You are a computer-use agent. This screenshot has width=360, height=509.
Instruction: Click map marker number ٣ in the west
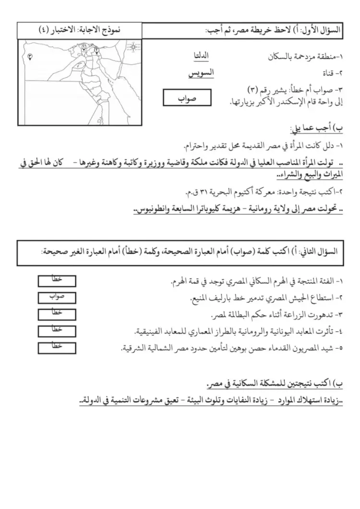30,56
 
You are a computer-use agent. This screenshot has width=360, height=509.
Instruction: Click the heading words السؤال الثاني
323,251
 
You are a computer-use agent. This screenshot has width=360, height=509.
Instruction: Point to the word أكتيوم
232,193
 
